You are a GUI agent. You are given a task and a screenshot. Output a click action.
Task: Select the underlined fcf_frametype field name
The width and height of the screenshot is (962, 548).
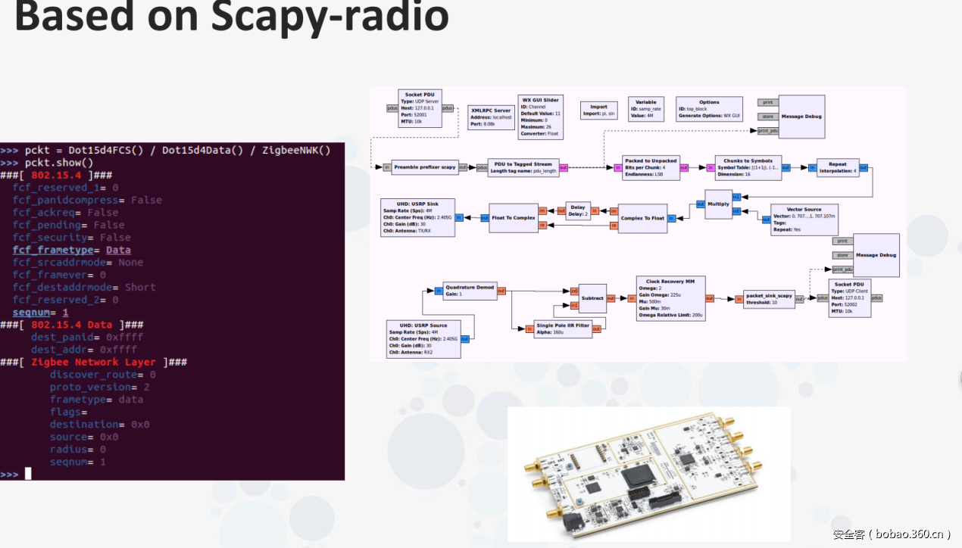coord(52,250)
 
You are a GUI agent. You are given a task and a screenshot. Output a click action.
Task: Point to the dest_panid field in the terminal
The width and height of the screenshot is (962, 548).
coord(64,337)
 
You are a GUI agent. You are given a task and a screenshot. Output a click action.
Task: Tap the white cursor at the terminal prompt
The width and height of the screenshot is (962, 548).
coord(28,474)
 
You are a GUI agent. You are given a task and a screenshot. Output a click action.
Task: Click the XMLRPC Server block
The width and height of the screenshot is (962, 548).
coord(491,117)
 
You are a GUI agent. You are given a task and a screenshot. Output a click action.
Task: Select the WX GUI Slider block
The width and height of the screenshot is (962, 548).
coord(541,117)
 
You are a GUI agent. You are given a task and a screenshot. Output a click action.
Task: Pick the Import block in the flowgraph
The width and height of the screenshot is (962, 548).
coord(598,111)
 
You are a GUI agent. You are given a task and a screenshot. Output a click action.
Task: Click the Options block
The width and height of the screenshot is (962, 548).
coord(709,109)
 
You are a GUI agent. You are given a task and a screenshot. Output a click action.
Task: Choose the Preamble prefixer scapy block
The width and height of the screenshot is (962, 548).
coord(425,167)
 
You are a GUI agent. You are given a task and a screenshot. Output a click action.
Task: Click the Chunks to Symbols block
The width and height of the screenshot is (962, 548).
coord(748,167)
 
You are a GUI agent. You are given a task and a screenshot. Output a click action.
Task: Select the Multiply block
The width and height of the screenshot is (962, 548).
coord(719,204)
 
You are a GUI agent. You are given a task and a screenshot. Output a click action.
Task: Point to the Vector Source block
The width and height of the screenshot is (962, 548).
coord(804,220)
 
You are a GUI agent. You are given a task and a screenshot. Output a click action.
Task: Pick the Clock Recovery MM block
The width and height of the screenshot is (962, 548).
coord(670,299)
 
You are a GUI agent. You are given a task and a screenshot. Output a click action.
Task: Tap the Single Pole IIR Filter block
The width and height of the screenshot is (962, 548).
coord(561,328)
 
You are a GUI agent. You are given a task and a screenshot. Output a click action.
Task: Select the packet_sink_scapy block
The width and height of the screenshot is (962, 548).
coord(768,299)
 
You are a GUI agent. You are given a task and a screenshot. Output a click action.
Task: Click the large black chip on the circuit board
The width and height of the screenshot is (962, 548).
coord(634,478)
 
